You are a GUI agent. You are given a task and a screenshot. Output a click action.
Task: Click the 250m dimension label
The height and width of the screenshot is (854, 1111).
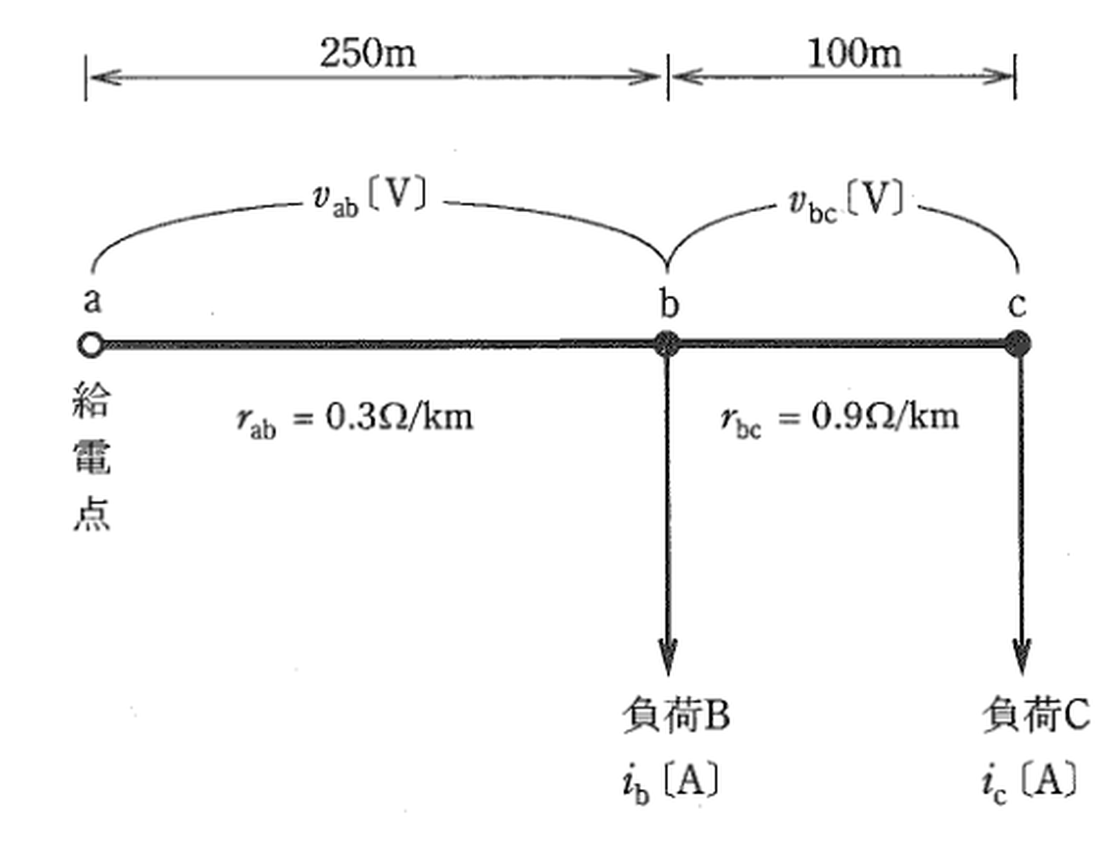point(368,53)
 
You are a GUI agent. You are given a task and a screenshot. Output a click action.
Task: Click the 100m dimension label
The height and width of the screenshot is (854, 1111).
point(855,53)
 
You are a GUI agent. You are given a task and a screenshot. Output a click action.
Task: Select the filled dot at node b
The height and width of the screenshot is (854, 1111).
point(667,344)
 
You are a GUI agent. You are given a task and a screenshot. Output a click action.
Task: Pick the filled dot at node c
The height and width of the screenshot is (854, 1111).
point(1018,343)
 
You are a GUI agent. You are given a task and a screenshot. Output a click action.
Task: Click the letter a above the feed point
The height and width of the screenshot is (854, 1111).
point(93,301)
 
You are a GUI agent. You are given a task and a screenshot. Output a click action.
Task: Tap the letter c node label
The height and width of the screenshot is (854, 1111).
point(1017,305)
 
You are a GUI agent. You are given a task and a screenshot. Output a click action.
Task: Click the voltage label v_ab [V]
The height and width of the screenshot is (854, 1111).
point(369,198)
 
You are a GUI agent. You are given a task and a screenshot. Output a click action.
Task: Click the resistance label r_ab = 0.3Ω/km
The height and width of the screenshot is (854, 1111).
point(355,419)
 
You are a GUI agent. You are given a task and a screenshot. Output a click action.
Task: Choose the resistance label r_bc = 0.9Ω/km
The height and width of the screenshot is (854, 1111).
point(839,419)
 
